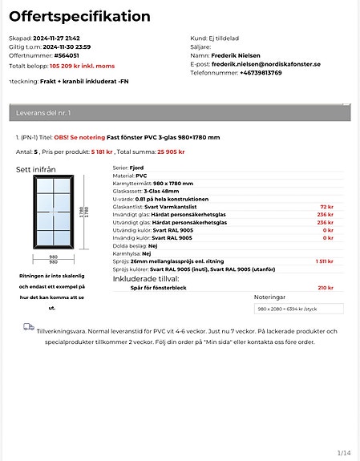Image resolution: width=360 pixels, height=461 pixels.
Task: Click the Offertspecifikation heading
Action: coord(79,17)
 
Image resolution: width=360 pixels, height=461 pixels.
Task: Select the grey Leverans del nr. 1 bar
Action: coord(180,113)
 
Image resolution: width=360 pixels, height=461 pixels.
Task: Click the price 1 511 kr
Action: coord(324,261)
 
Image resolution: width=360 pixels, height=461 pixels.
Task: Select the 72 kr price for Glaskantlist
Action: coord(326,206)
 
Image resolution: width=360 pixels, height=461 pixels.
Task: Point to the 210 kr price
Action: coord(326,287)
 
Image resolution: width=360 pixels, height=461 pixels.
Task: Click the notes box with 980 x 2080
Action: coord(298,308)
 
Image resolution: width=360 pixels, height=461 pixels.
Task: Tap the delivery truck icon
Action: coord(29,327)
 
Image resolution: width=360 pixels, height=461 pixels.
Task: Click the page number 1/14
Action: coord(343,453)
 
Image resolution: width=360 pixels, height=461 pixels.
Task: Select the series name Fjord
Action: coord(137,168)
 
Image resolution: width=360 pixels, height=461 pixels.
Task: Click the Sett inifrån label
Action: coord(36,169)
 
